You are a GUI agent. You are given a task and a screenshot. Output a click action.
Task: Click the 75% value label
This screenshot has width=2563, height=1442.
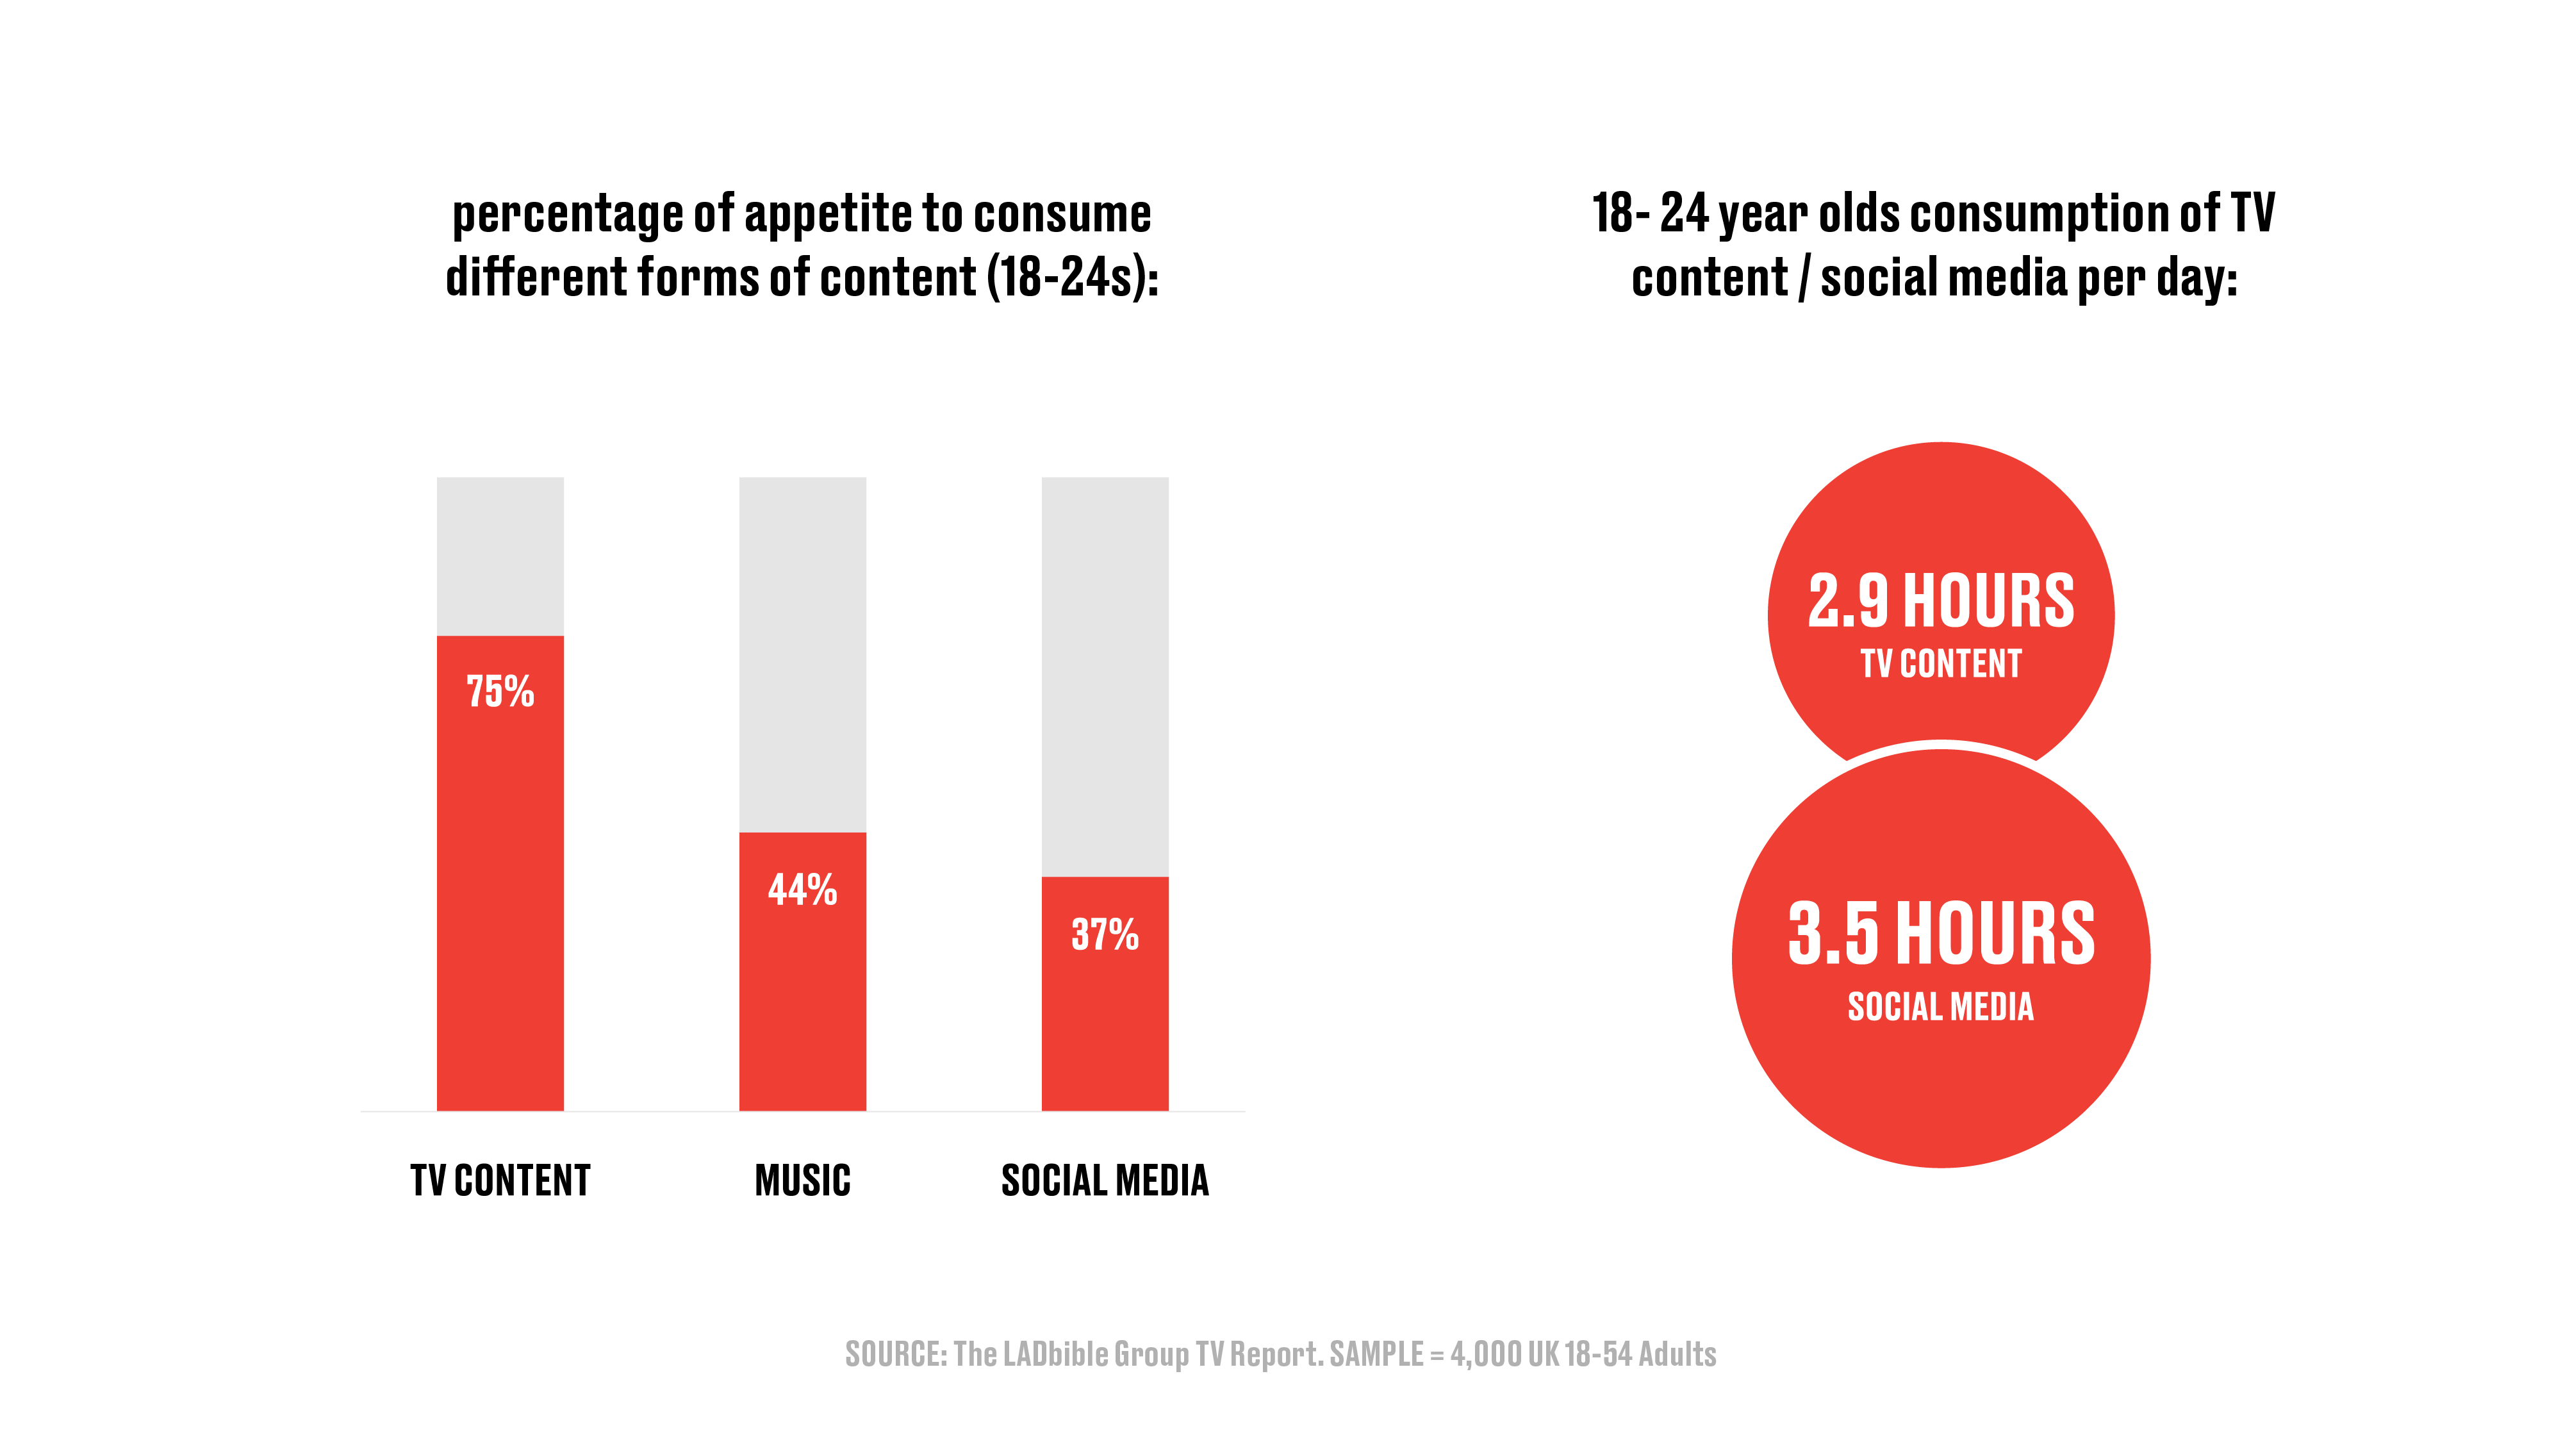[x=500, y=691]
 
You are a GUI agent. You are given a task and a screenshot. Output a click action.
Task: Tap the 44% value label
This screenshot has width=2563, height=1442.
[x=802, y=889]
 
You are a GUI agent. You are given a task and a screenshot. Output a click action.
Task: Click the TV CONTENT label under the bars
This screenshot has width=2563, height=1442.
[x=500, y=1181]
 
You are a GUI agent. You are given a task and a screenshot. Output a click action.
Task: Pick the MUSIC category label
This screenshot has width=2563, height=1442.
[x=802, y=1181]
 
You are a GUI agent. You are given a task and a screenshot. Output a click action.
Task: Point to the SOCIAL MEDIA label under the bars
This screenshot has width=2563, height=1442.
[x=1105, y=1181]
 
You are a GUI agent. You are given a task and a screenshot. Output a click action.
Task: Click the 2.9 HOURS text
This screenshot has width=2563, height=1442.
[x=1940, y=601]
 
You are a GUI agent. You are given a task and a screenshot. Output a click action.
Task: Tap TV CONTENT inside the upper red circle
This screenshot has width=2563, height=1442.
[x=1940, y=664]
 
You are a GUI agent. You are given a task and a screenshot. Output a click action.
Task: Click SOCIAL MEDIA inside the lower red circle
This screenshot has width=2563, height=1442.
[x=1940, y=1006]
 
